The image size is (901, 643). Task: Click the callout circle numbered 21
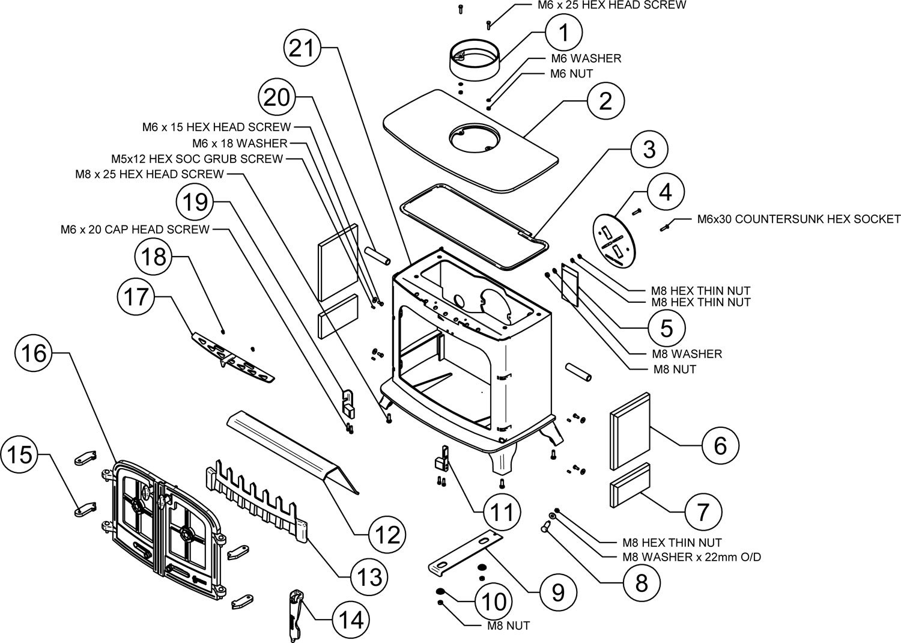click(x=302, y=49)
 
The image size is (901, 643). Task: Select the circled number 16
click(x=34, y=353)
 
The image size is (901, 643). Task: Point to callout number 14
click(x=351, y=620)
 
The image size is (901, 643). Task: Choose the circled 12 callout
click(x=387, y=535)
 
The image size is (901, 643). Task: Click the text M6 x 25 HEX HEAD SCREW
click(x=612, y=5)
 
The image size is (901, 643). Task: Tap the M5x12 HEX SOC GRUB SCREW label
click(x=197, y=159)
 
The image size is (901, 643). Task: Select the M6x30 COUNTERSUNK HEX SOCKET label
click(x=798, y=219)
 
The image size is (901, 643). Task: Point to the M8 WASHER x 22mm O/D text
click(x=692, y=557)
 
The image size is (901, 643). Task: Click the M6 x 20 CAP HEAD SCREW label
click(x=135, y=230)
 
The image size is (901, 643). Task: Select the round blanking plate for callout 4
click(x=616, y=240)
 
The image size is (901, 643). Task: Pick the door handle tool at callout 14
click(x=296, y=615)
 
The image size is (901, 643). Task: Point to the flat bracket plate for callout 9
click(x=466, y=552)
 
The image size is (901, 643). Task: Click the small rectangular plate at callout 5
click(x=569, y=285)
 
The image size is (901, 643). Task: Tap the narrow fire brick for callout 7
click(x=630, y=485)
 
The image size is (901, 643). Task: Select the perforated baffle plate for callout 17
click(x=233, y=358)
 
